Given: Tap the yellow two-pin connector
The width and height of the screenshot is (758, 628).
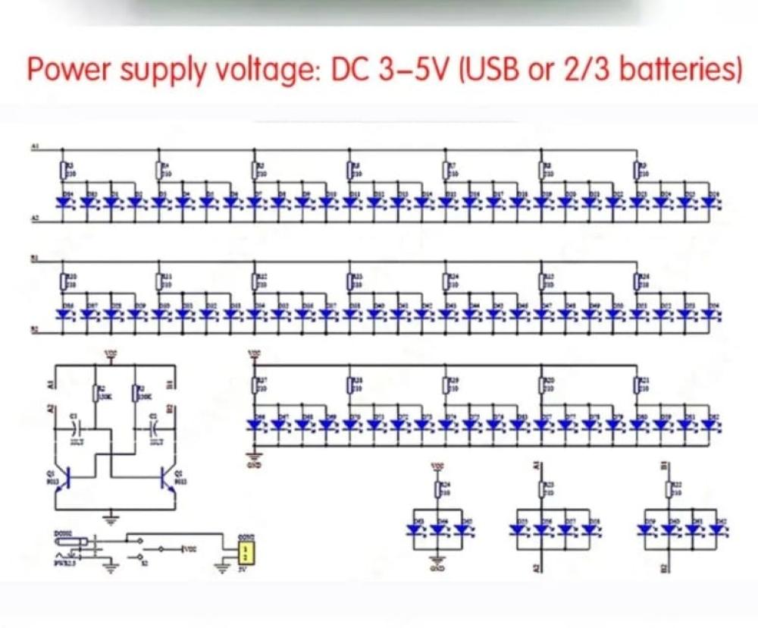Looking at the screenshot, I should coord(245,553).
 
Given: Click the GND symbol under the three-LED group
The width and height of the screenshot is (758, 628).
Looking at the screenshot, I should coord(437,562).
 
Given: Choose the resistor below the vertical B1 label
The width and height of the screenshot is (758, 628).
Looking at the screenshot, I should coord(669,489).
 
